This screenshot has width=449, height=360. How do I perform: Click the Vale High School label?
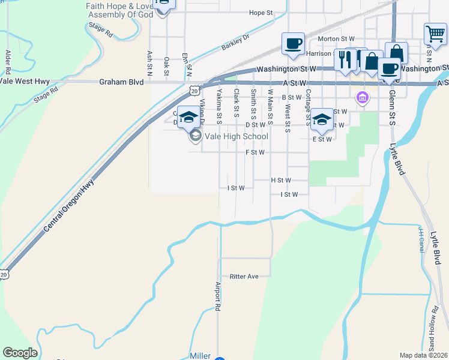tap(236, 136)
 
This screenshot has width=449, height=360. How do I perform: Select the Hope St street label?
tap(261, 13)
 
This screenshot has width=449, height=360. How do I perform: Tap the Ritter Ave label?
tap(244, 277)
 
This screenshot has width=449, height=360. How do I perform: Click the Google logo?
tap(20, 353)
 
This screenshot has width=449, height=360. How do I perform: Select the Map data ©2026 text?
tap(423, 355)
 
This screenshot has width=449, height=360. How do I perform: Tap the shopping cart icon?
tap(435, 34)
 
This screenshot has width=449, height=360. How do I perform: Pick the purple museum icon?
tap(362, 97)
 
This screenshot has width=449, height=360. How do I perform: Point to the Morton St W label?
tap(337, 39)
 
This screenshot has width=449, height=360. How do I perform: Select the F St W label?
tap(255, 152)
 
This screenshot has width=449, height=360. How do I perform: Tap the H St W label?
tap(281, 180)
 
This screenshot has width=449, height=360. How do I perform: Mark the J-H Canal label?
tap(421, 239)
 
